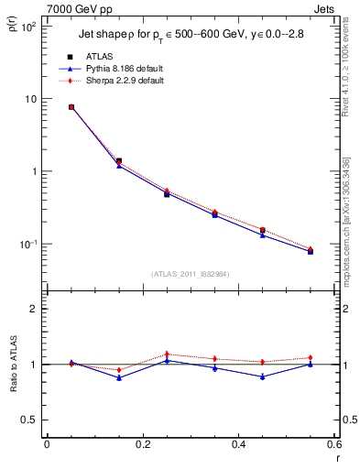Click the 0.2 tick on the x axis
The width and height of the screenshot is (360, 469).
(x=143, y=444)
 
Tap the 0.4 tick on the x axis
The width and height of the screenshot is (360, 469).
(x=239, y=444)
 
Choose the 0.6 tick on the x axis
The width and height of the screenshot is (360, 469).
(x=333, y=444)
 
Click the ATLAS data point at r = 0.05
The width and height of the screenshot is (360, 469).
(x=71, y=107)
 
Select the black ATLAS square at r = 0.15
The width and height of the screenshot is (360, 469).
(x=119, y=161)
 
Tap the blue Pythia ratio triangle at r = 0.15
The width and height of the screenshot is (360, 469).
(x=119, y=377)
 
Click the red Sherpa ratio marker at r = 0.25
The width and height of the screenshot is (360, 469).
(x=167, y=354)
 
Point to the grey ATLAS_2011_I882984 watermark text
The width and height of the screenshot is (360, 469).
(x=189, y=273)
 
